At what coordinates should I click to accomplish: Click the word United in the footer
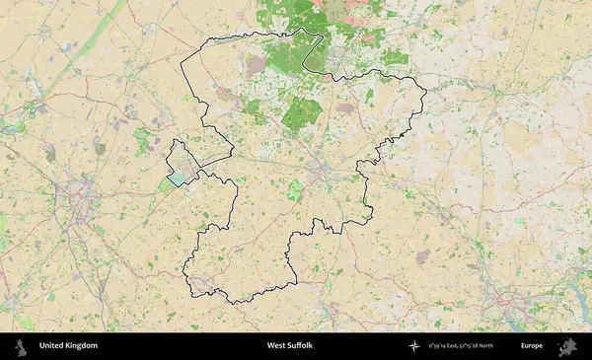pos(51,346)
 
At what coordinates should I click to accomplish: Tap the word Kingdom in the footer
pos(81,346)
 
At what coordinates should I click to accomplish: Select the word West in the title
pos(276,346)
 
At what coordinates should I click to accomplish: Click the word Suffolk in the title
pos(301,346)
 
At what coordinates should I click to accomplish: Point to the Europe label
pos(532,346)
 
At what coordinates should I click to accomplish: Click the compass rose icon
pos(413,346)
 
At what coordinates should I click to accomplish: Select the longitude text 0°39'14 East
pos(446,346)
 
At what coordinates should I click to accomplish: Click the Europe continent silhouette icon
pos(567,346)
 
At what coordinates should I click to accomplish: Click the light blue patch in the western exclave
pos(177,179)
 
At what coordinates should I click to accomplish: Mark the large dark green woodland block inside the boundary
pos(301,115)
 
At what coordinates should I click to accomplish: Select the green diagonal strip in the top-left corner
pos(94,39)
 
